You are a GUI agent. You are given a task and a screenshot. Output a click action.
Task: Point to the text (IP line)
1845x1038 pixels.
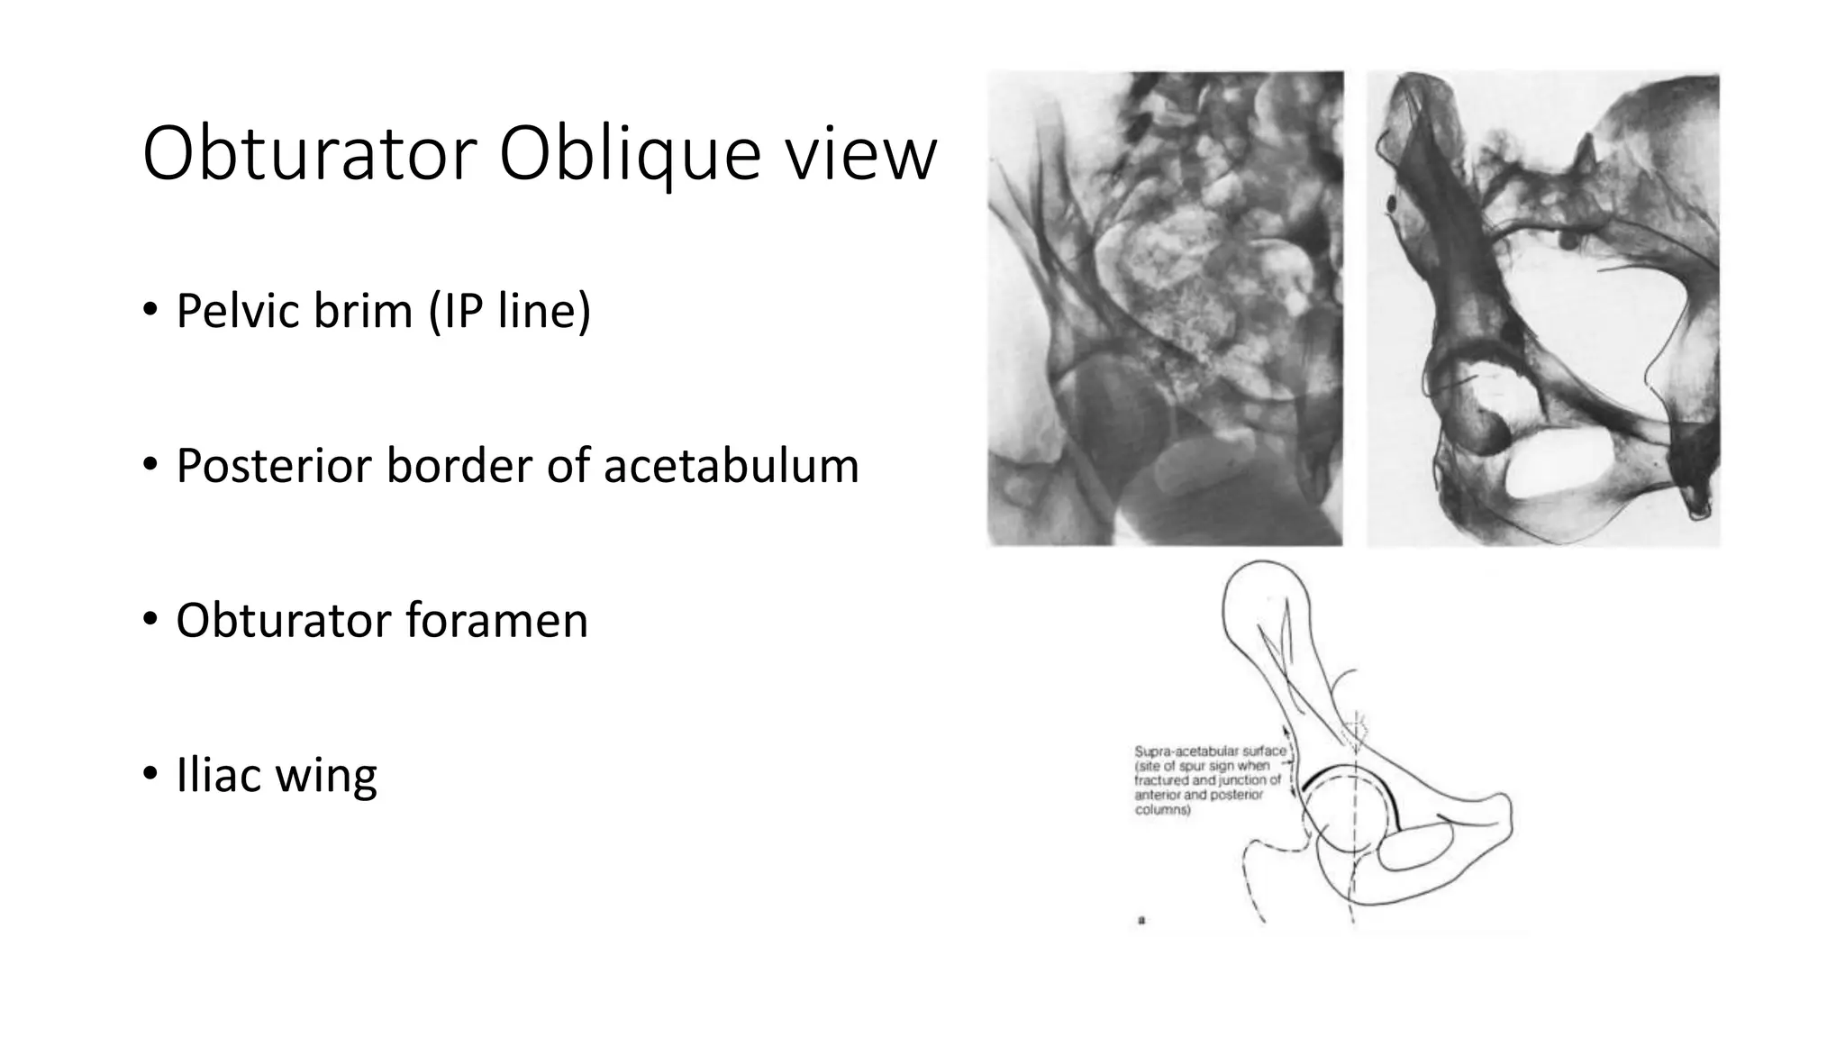(x=510, y=311)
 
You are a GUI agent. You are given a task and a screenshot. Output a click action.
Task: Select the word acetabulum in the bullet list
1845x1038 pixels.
(x=731, y=466)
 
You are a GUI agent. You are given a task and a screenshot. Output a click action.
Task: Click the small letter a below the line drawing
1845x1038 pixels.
(x=1141, y=921)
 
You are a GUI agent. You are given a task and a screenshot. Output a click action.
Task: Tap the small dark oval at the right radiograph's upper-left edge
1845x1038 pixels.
(x=1392, y=205)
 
